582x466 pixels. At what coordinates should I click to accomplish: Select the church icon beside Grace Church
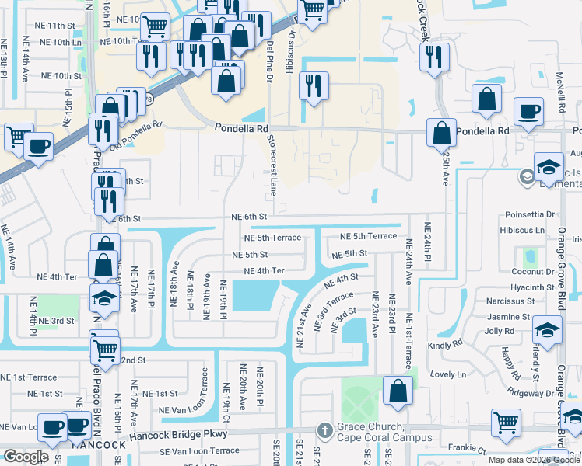click(x=325, y=429)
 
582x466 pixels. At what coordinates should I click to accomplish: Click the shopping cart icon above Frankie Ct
click(x=506, y=423)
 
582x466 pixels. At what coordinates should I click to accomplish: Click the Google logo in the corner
click(x=26, y=457)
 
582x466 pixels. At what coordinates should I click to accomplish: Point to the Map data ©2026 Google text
click(x=534, y=460)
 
